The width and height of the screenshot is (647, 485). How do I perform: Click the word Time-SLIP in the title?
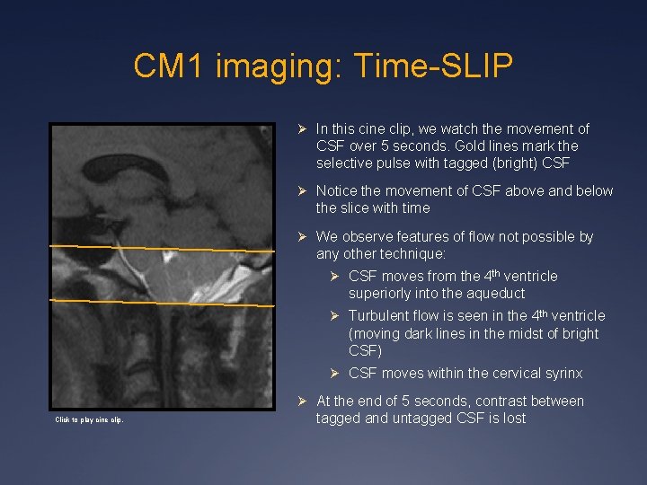point(433,66)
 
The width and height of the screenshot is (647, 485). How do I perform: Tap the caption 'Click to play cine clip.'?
point(89,419)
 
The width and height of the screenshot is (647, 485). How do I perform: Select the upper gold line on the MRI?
point(162,248)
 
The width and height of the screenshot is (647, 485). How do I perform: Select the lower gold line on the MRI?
point(162,302)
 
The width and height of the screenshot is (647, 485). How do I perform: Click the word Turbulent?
point(380,315)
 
